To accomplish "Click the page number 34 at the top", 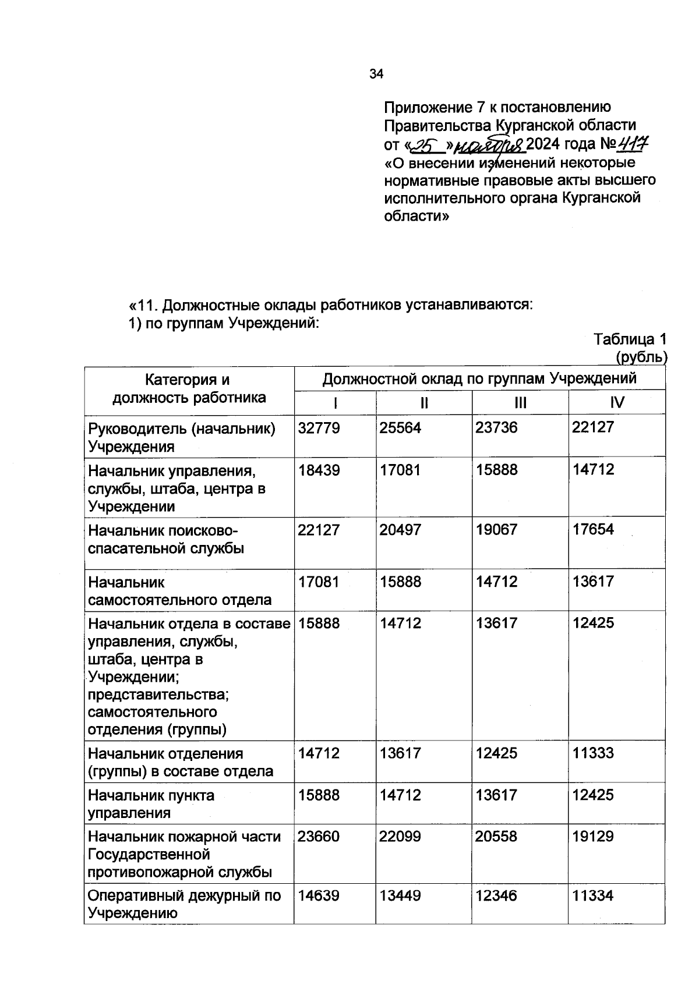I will (376, 74).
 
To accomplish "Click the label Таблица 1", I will (629, 339).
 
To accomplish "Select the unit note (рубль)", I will (641, 357).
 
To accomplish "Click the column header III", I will (520, 402).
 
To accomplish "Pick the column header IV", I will (616, 402).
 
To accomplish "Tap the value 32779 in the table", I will (319, 428).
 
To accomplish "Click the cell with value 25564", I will (400, 428).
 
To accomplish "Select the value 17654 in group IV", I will (593, 530).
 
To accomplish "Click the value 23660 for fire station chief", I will (319, 837).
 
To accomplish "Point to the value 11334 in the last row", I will (593, 895).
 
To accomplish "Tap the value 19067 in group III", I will (496, 530).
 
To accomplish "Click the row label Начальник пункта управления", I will (151, 803).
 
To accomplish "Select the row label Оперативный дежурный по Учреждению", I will (184, 904).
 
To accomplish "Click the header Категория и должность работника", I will (189, 389).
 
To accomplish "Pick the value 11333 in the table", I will (593, 753).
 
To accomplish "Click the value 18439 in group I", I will (319, 470).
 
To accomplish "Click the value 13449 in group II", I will (400, 895).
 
